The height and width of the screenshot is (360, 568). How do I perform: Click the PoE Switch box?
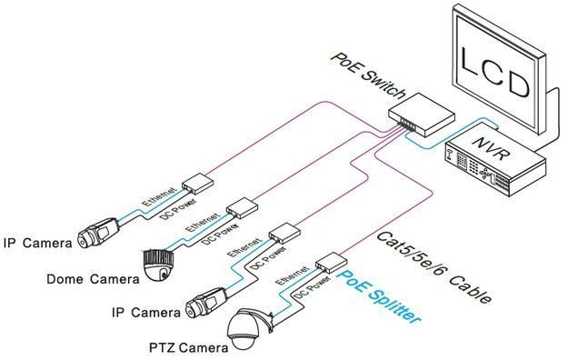pyautogui.click(x=422, y=115)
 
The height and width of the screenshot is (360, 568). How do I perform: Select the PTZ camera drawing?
pyautogui.click(x=249, y=328)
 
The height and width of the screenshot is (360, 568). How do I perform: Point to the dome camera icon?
pyautogui.click(x=159, y=264)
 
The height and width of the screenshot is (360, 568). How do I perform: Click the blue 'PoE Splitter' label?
pyautogui.click(x=379, y=297)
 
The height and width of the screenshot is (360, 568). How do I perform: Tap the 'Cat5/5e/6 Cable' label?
pyautogui.click(x=434, y=267)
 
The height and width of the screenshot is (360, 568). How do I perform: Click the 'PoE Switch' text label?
pyautogui.click(x=368, y=76)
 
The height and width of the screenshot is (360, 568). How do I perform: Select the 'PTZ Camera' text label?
pyautogui.click(x=189, y=348)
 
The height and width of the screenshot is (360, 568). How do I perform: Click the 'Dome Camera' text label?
pyautogui.click(x=93, y=279)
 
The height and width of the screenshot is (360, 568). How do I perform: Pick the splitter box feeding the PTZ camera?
pyautogui.click(x=331, y=263)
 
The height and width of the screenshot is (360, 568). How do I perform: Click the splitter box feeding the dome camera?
pyautogui.click(x=242, y=208)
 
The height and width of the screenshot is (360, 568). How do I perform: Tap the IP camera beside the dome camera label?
pyautogui.click(x=98, y=233)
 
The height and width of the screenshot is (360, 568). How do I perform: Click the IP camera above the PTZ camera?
pyautogui.click(x=207, y=303)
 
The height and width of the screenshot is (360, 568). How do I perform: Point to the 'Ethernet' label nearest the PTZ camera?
pyautogui.click(x=292, y=275)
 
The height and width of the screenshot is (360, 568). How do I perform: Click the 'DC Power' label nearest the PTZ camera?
pyautogui.click(x=313, y=287)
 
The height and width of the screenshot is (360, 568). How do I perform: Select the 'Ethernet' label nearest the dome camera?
pyautogui.click(x=202, y=222)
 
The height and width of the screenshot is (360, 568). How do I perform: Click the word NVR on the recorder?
pyautogui.click(x=492, y=148)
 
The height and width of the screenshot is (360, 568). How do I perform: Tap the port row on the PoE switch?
pyautogui.click(x=406, y=124)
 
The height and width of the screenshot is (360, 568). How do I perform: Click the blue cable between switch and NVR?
pyautogui.click(x=448, y=138)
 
